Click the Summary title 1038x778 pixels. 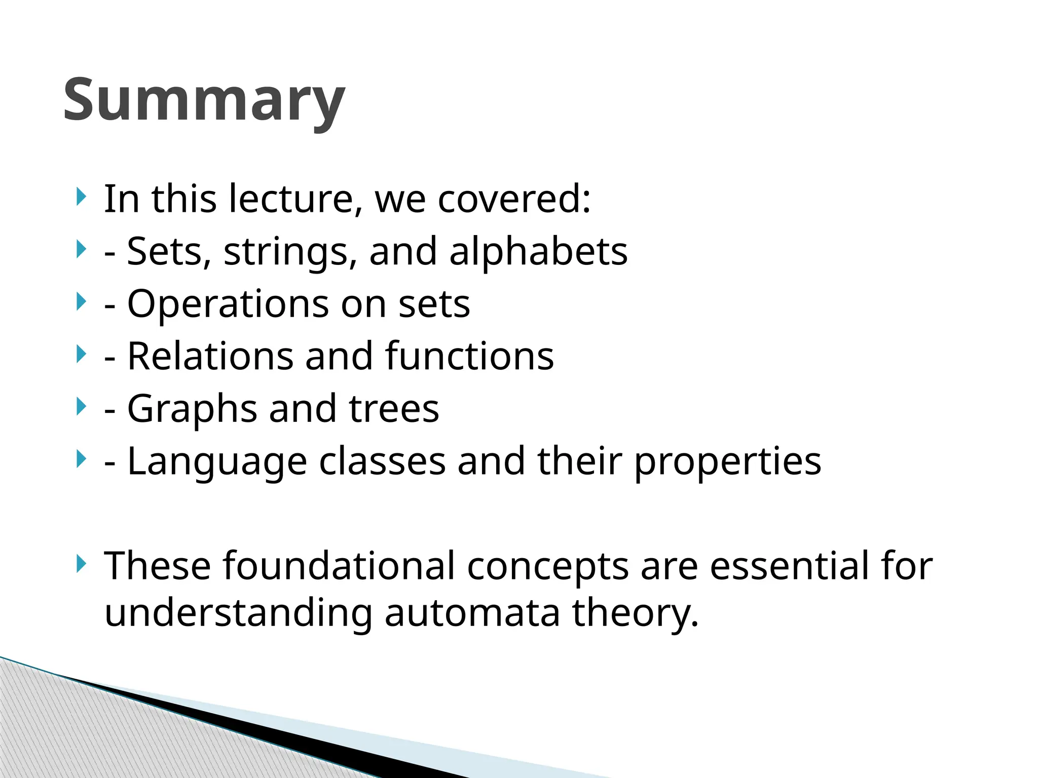pyautogui.click(x=204, y=100)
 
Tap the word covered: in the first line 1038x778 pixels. pyautogui.click(x=514, y=199)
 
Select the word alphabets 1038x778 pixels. pyautogui.click(x=538, y=252)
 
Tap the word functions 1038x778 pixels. pyautogui.click(x=469, y=357)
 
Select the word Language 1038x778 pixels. pyautogui.click(x=217, y=462)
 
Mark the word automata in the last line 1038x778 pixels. pyautogui.click(x=472, y=613)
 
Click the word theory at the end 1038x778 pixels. pyautogui.click(x=636, y=613)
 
